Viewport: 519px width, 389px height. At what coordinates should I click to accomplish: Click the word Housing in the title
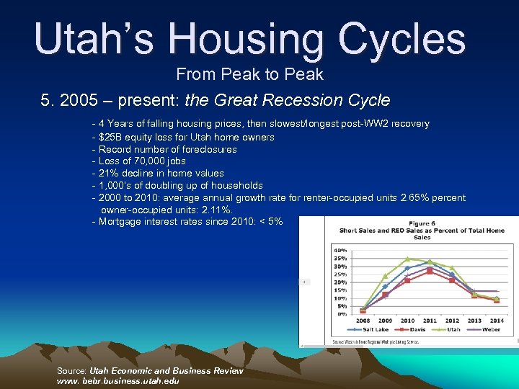point(234,39)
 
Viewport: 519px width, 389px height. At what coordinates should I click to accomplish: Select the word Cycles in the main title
point(396,39)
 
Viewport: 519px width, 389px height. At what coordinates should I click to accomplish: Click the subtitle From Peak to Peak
point(250,74)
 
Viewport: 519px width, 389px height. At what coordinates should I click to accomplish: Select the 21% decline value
point(107,173)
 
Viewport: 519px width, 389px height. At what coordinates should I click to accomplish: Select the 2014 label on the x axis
point(497,321)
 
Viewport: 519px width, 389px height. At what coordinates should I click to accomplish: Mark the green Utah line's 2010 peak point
point(407,259)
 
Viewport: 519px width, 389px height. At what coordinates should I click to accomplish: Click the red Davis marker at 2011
point(430,272)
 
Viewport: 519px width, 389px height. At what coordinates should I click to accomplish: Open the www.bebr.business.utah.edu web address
point(118,380)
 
